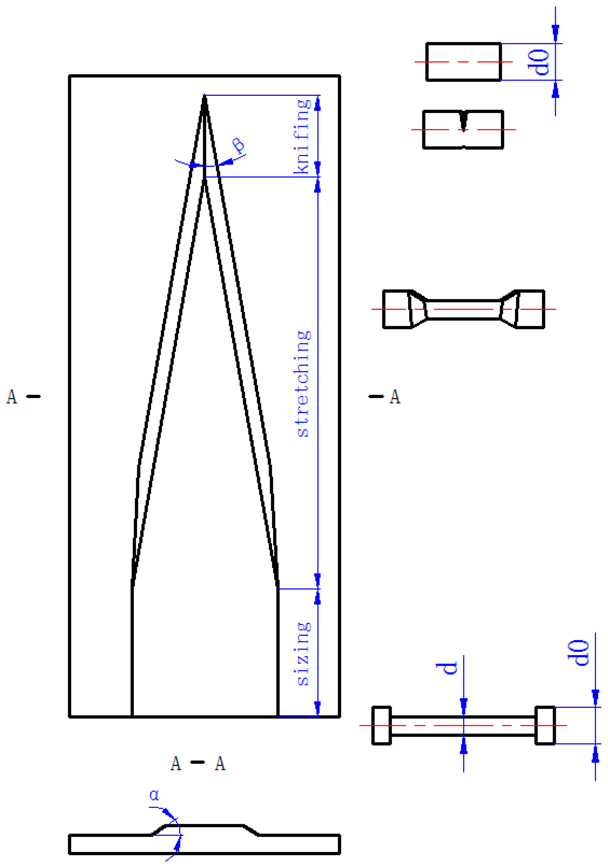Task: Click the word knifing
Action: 303,137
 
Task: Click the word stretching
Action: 303,384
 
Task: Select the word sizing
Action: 303,654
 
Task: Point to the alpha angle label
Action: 154,795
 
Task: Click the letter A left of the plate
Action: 12,396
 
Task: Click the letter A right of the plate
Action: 395,396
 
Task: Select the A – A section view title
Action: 198,764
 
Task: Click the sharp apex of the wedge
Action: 204,97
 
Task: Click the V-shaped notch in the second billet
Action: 463,121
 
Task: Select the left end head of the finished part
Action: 382,725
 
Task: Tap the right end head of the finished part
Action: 545,725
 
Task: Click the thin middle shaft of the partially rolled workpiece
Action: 463,310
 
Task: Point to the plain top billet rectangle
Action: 463,62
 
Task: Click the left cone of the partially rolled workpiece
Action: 418,310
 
